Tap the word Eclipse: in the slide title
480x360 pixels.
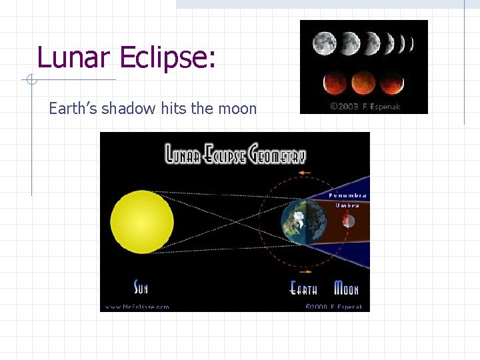click(x=167, y=59)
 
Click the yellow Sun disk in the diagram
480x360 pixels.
click(x=142, y=221)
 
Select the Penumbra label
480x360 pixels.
click(x=347, y=196)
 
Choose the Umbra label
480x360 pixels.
click(x=347, y=205)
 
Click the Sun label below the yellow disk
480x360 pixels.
click(x=141, y=288)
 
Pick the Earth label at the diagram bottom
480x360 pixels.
click(x=303, y=289)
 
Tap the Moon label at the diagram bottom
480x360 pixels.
click(x=346, y=289)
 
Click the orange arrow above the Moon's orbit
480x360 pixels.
click(x=304, y=173)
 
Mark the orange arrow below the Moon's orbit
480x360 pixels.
click(x=304, y=272)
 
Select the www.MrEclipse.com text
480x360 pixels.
click(x=136, y=307)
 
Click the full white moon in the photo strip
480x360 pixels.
click(x=324, y=44)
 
